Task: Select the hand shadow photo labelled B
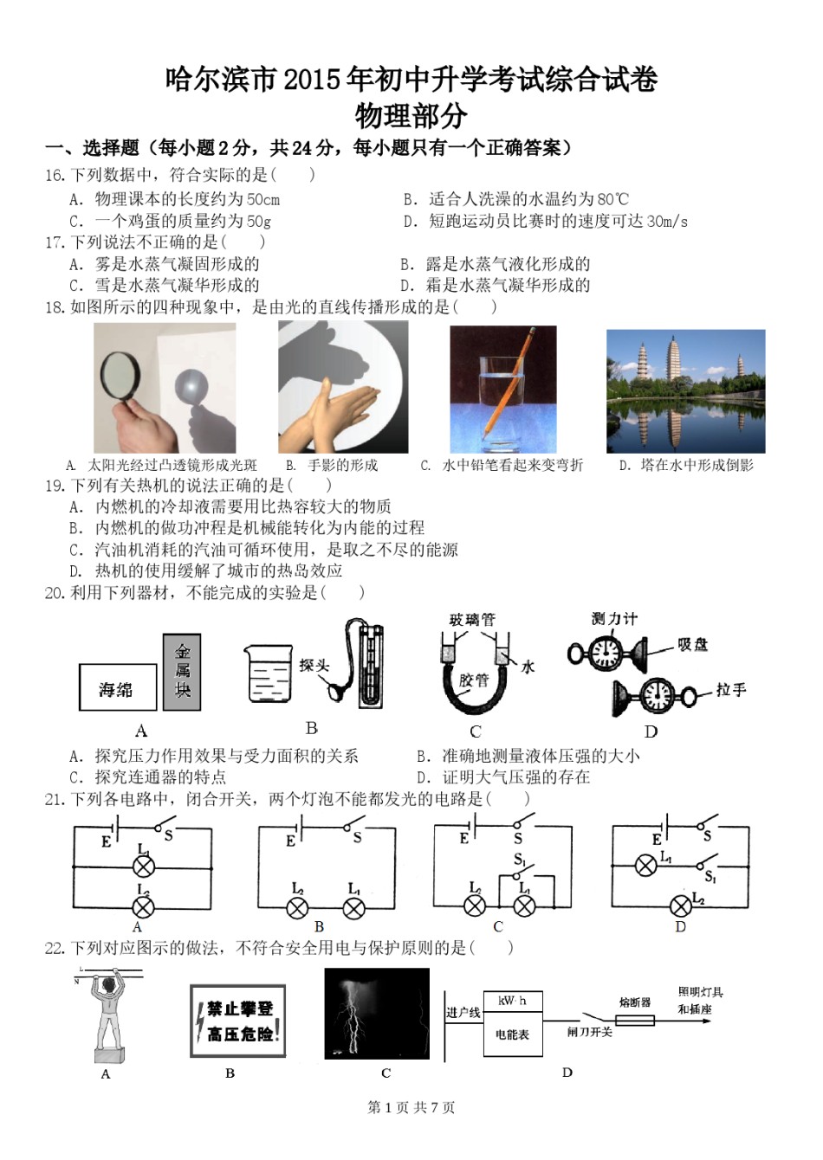click(343, 386)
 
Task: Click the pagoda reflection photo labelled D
click(685, 390)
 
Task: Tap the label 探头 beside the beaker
click(314, 665)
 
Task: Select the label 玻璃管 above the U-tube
click(471, 620)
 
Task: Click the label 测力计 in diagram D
click(613, 618)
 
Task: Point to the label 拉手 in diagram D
click(730, 690)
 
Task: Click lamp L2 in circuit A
click(143, 906)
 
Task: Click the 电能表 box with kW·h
click(512, 1022)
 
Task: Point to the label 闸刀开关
click(589, 1032)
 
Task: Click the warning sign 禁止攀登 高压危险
click(238, 1021)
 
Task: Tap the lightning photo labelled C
click(377, 1013)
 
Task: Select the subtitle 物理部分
click(411, 116)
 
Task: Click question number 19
click(54, 486)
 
